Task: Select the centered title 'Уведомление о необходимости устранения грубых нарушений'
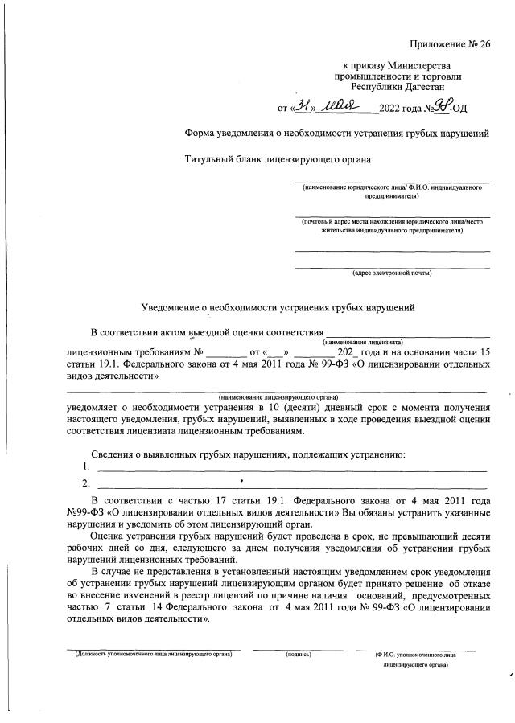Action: coord(279,307)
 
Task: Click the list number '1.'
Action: coord(86,466)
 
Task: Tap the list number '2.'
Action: coord(86,483)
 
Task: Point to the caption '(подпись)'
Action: coord(299,655)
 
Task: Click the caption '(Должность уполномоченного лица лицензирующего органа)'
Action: coord(152,655)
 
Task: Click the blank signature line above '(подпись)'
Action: coord(299,649)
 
